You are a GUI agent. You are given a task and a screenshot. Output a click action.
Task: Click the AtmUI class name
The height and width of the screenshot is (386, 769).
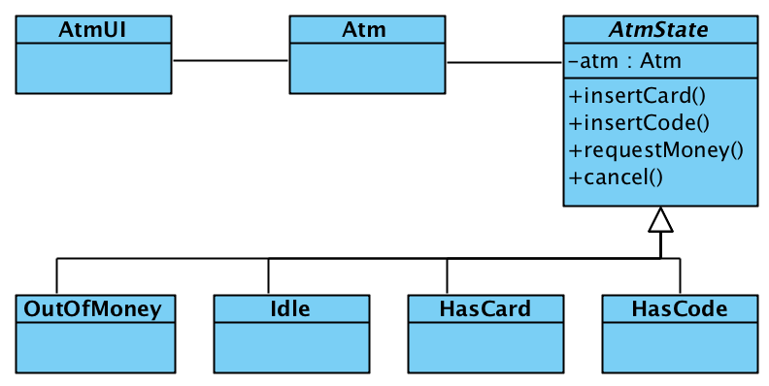click(x=94, y=30)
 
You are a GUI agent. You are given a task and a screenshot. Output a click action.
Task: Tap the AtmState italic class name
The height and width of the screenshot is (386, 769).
click(x=659, y=30)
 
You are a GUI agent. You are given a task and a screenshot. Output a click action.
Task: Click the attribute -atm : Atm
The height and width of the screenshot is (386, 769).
click(x=625, y=61)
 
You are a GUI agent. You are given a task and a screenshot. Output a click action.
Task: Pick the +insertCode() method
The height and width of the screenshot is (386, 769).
click(x=640, y=123)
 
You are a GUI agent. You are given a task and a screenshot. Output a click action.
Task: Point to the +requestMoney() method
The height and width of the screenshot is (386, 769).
click(x=656, y=150)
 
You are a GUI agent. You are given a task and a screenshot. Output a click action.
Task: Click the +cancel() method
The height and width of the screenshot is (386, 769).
click(x=616, y=177)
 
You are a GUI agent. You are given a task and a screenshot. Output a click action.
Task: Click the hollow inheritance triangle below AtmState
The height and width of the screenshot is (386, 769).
click(x=660, y=220)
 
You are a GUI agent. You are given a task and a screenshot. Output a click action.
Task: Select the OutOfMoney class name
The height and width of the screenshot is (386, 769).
click(x=94, y=309)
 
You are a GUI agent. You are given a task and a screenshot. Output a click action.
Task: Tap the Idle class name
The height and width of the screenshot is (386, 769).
click(x=290, y=309)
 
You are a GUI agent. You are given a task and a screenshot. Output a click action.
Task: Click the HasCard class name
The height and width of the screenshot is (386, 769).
click(x=485, y=309)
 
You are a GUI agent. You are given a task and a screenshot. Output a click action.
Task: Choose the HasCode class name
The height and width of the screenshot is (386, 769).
click(x=679, y=309)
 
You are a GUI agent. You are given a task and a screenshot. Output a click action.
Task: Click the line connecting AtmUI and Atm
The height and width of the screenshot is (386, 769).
click(x=231, y=61)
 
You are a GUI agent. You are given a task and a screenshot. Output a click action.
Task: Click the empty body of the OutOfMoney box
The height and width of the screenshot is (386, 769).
click(x=94, y=346)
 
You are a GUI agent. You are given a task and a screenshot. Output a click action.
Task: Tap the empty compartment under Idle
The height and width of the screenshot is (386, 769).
click(x=290, y=346)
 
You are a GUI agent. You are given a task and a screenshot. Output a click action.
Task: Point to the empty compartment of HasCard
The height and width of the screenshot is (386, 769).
click(x=485, y=346)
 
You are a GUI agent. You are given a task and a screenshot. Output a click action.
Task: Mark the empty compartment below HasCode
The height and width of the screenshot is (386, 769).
click(x=679, y=346)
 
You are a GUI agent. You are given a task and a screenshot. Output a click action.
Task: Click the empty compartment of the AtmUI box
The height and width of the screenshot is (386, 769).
click(x=94, y=68)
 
